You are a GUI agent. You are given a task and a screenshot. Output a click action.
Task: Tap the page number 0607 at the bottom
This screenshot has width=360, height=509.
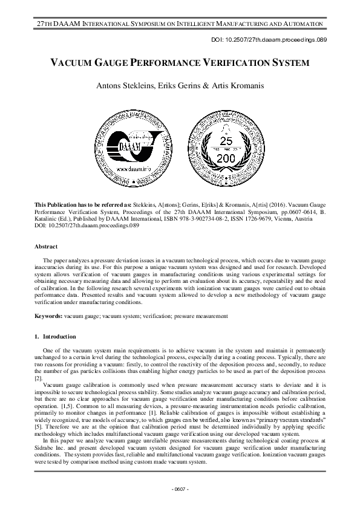tap(180, 488)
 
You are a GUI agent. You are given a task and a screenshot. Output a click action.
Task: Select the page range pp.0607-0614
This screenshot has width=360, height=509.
tap(292, 213)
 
